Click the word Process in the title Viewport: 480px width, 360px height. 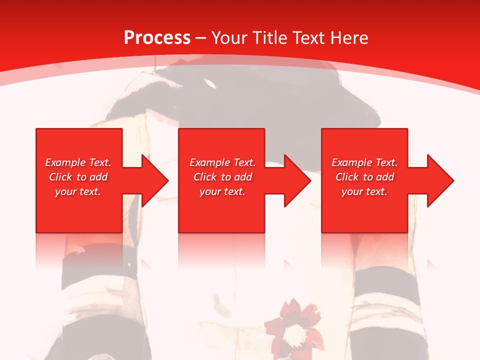(x=157, y=38)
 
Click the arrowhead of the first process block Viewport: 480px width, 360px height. (x=155, y=180)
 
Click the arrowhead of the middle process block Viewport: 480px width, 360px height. (x=297, y=180)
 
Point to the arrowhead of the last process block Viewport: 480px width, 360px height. (x=440, y=180)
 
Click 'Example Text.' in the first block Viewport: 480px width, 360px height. (x=78, y=162)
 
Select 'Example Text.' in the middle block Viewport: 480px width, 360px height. (x=222, y=162)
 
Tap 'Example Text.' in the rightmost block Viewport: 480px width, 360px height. (x=364, y=162)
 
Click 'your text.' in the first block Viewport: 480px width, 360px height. (x=78, y=191)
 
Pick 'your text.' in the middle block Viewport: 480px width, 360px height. (x=222, y=191)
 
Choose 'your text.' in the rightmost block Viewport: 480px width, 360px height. (x=364, y=191)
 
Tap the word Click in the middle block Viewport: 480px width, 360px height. (x=205, y=177)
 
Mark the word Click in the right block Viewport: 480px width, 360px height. (x=347, y=177)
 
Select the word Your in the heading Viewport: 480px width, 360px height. (x=230, y=38)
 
